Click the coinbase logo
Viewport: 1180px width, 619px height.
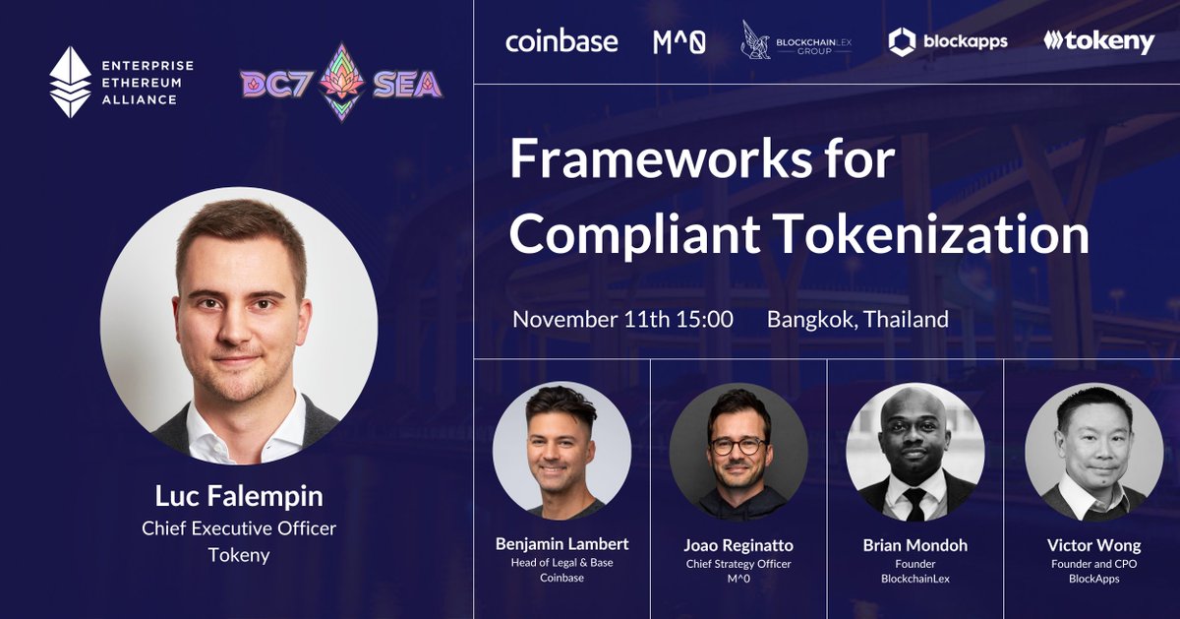(561, 41)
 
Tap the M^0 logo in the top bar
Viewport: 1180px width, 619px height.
(679, 42)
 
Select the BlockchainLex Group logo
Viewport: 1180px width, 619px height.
(796, 40)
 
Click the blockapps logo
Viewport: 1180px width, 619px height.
(948, 41)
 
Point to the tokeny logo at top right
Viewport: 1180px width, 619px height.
(1099, 41)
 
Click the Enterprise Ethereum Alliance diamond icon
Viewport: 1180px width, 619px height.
(70, 82)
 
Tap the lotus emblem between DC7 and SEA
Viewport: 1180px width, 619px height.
(342, 82)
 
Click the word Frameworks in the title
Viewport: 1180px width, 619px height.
(661, 158)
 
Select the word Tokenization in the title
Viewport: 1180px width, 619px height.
(933, 234)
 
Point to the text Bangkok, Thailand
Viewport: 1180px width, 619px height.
(857, 320)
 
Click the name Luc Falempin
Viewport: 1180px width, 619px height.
(239, 496)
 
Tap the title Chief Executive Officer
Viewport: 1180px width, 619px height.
(239, 528)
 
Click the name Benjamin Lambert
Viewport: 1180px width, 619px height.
(562, 543)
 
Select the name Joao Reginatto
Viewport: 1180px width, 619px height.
(738, 545)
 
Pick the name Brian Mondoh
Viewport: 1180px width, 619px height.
(915, 545)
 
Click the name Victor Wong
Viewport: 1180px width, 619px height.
(1094, 545)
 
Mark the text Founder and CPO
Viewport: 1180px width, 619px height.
(1094, 564)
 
